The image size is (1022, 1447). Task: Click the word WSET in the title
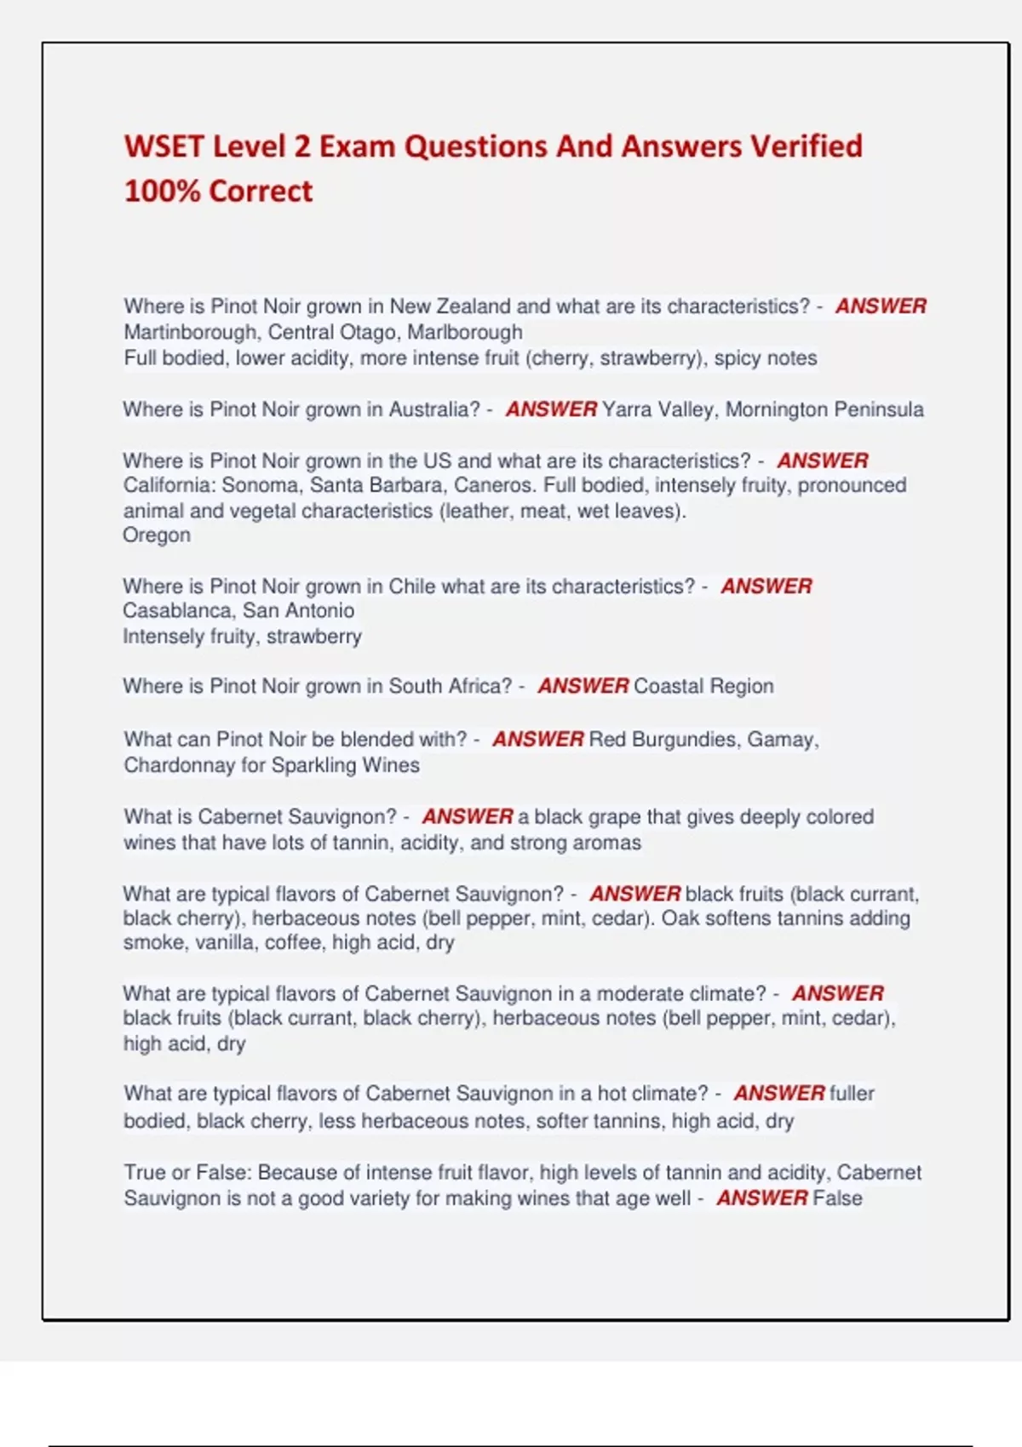(164, 146)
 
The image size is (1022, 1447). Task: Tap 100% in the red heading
(162, 191)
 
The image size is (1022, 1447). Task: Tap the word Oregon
(157, 535)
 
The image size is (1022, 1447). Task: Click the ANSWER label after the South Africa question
(583, 686)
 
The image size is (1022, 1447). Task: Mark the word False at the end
(837, 1198)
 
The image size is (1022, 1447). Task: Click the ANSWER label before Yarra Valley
(551, 409)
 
